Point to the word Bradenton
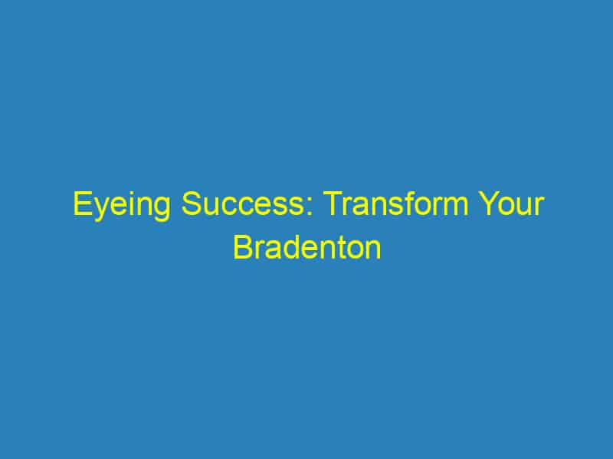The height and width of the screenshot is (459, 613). click(306, 249)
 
